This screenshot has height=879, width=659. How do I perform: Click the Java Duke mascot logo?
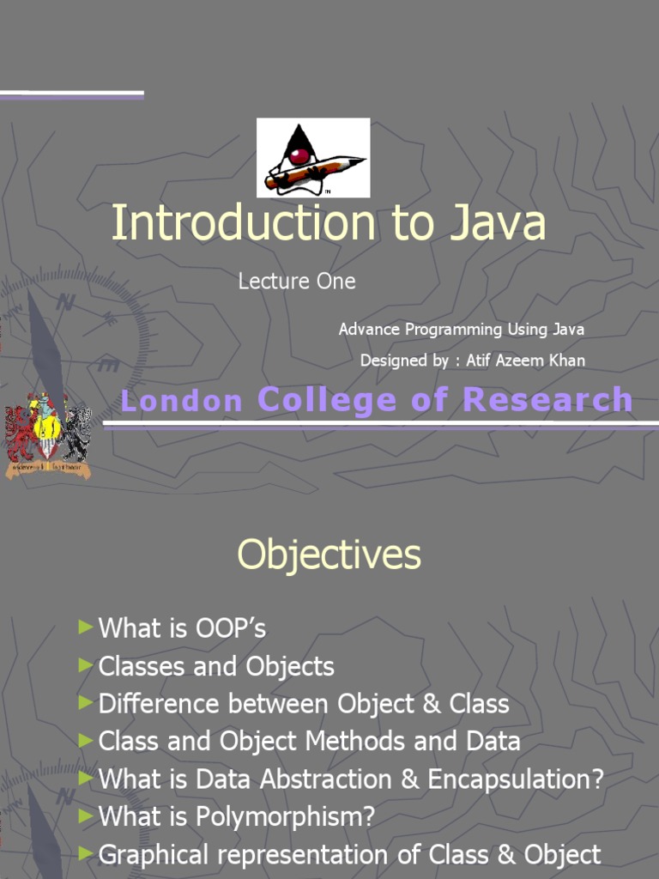click(312, 157)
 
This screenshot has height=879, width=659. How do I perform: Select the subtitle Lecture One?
click(297, 281)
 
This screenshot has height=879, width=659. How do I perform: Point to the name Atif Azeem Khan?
click(525, 361)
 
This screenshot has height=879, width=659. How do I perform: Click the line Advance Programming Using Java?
click(462, 329)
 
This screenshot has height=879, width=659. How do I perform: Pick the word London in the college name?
click(181, 400)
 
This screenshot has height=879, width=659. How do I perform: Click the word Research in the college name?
click(547, 400)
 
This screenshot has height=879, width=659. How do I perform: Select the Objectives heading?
click(329, 555)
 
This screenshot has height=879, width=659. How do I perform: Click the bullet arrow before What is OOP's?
click(84, 627)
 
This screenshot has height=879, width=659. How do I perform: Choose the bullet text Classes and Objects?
click(216, 666)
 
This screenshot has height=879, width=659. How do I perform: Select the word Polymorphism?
click(286, 817)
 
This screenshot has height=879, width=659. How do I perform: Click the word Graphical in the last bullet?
click(153, 855)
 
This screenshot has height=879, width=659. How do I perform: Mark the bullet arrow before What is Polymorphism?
click(84, 816)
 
